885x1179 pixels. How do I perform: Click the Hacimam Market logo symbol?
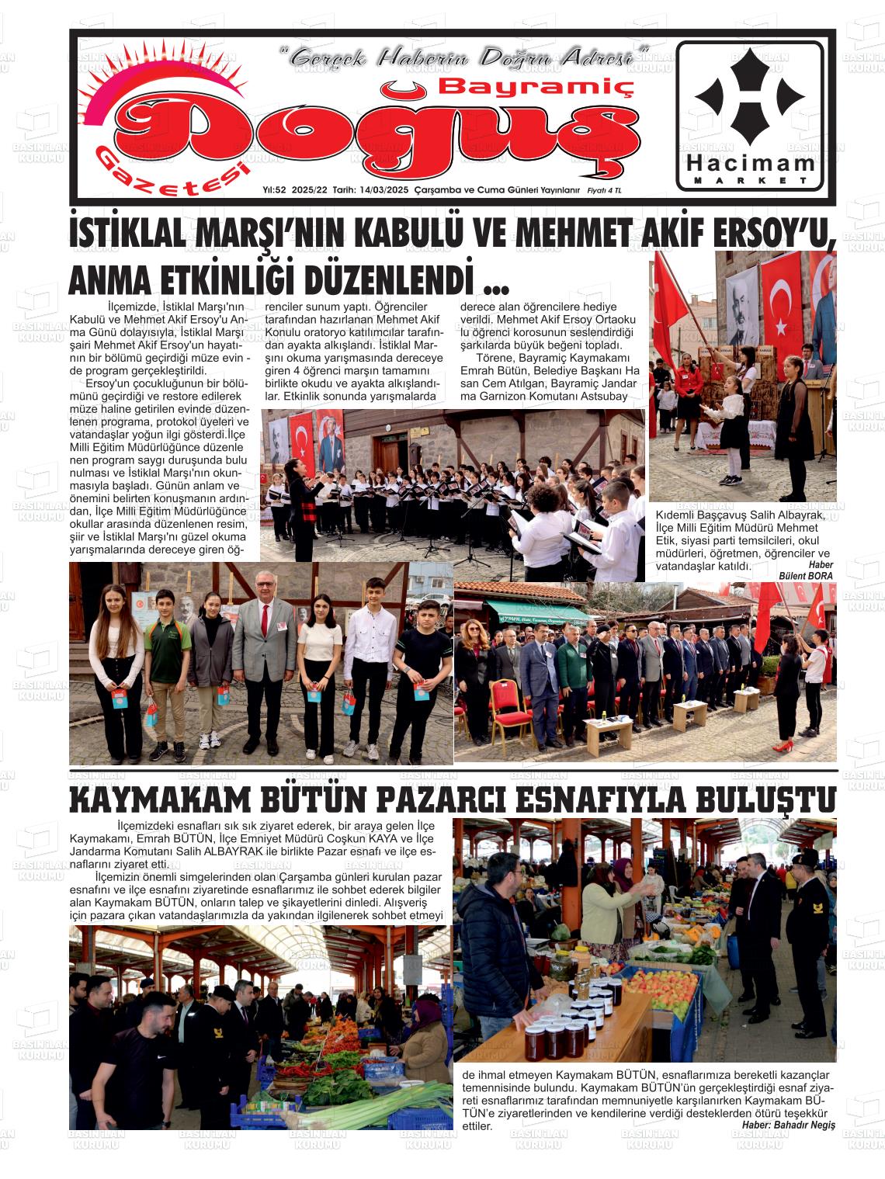tap(749, 97)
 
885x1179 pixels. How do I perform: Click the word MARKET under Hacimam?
tap(749, 181)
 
